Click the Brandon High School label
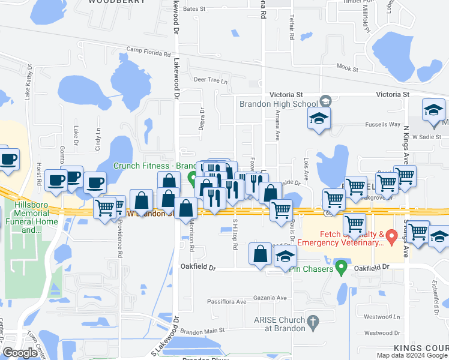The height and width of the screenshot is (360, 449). click(x=279, y=104)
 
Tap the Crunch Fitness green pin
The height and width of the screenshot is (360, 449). click(x=192, y=178)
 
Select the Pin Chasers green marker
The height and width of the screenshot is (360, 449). click(x=341, y=266)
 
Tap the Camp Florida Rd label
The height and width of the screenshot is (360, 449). click(x=148, y=53)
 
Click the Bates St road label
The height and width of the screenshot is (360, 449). click(x=194, y=10)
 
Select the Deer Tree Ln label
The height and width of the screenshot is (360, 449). click(x=210, y=80)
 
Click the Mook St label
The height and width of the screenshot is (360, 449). click(x=347, y=69)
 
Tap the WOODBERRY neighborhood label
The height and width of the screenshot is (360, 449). click(x=116, y=2)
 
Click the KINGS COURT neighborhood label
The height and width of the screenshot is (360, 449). click(x=421, y=349)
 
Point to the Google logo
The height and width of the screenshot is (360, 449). click(x=20, y=353)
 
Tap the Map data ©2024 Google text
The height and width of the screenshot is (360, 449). click(x=412, y=355)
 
